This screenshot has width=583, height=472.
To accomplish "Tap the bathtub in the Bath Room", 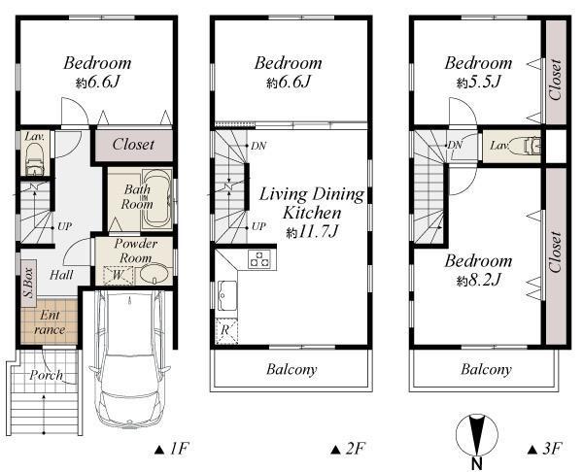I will (x=156, y=194).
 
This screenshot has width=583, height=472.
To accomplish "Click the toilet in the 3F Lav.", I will (x=531, y=147).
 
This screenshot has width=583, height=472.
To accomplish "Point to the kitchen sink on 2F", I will (x=226, y=292).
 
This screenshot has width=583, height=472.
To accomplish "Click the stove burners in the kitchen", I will (x=259, y=258).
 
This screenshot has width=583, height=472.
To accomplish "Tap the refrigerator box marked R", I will (x=225, y=329).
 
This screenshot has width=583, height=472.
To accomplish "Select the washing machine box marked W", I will (x=116, y=275).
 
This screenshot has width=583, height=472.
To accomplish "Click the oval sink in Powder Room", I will (x=153, y=275).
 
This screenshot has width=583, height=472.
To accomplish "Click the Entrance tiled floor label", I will (x=49, y=323).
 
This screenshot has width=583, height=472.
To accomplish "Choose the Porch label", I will (x=46, y=375).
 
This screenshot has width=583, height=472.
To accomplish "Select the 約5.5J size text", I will (x=477, y=83).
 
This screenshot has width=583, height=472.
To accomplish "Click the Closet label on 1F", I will (x=132, y=144).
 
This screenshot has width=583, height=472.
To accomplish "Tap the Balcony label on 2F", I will (x=291, y=369).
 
